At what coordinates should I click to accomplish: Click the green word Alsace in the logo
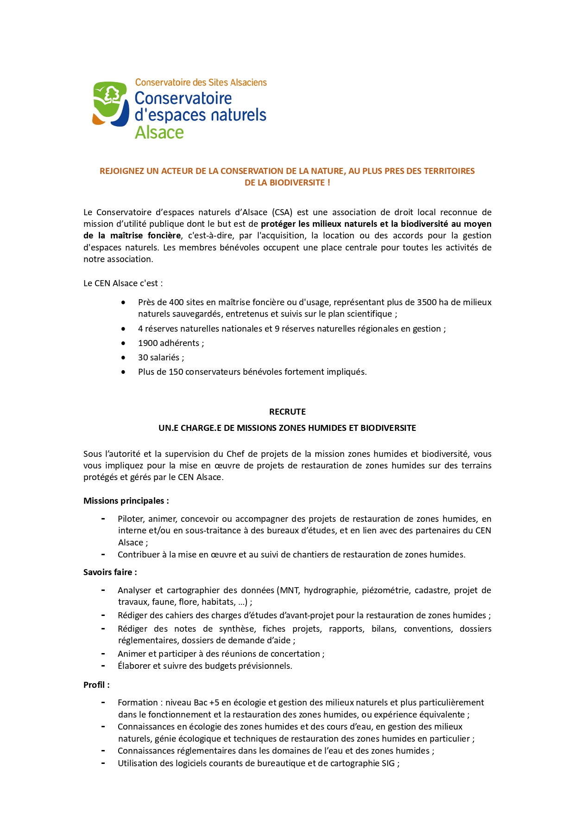coord(159,133)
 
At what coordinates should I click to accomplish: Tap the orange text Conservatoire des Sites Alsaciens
coord(201,83)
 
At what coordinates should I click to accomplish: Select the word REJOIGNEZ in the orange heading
coord(122,171)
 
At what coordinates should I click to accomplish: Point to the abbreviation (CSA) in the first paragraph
coord(282,212)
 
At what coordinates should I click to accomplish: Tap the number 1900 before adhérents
coord(148,343)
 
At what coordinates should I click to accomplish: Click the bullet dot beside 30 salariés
coord(123,358)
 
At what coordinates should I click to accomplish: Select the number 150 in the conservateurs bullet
coord(176,372)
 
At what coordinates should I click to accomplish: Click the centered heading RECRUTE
coord(287,412)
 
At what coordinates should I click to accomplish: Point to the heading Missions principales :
coord(126,501)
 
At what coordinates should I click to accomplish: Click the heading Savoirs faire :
coord(110,572)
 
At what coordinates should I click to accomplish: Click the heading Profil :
coord(96,685)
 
